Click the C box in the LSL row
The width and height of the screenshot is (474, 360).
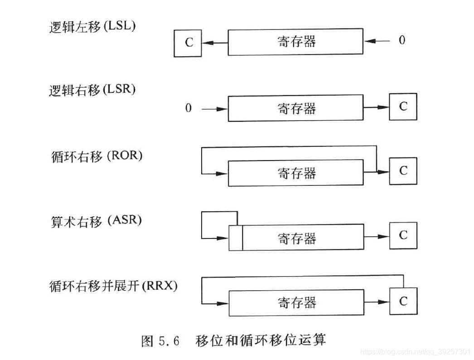(x=188, y=43)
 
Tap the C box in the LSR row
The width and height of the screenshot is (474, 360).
(x=403, y=107)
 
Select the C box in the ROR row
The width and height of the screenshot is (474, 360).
(x=403, y=171)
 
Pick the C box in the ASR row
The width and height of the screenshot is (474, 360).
(x=403, y=235)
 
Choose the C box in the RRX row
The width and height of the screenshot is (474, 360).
(x=403, y=301)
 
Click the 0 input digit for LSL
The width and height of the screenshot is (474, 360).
(x=402, y=40)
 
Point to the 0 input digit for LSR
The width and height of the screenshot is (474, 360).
(x=189, y=108)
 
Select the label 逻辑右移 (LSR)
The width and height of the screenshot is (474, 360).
(x=92, y=90)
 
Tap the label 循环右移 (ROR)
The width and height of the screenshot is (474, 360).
(x=97, y=156)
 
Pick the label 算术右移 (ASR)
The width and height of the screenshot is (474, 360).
(x=96, y=221)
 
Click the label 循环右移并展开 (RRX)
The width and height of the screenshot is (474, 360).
(x=113, y=287)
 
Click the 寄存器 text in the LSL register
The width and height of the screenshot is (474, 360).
(x=296, y=42)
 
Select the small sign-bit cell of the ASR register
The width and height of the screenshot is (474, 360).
(x=235, y=237)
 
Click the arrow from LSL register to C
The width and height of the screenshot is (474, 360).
(x=214, y=43)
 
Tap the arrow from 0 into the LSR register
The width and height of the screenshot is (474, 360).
(x=214, y=109)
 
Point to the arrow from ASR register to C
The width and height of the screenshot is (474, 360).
(x=376, y=236)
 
